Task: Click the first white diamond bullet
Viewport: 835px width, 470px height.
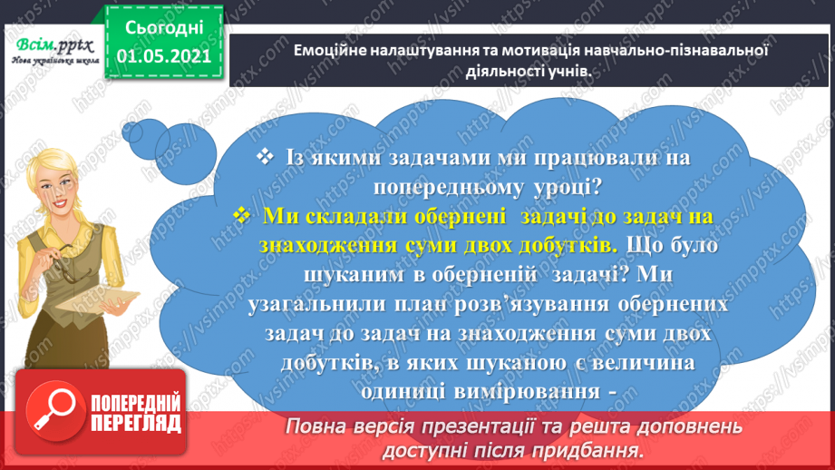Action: coord(264,157)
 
